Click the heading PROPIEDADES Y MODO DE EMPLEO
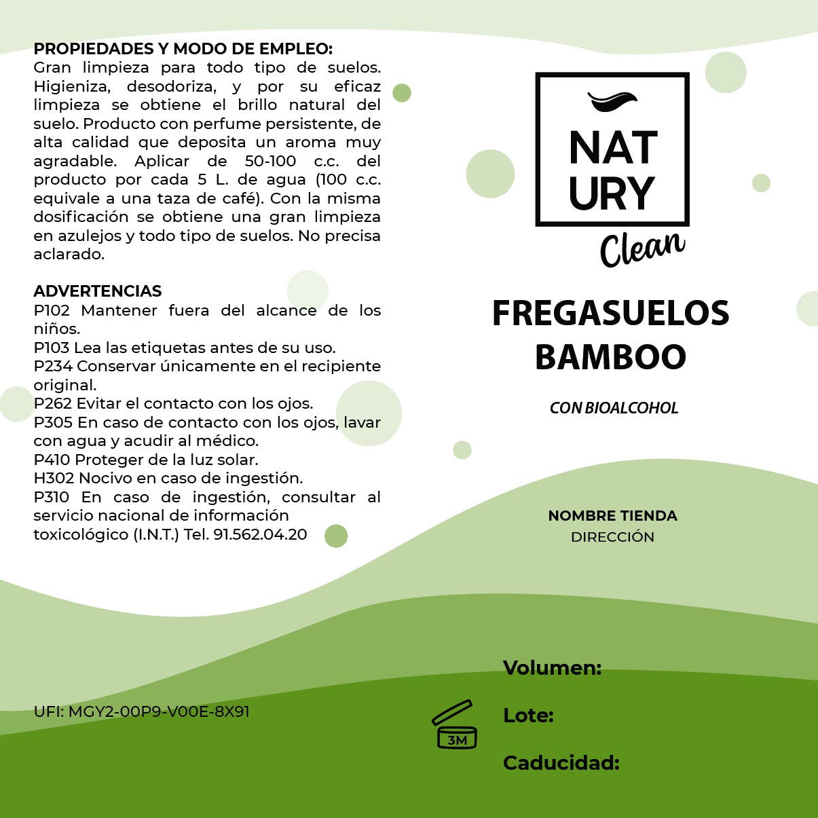pos(183,49)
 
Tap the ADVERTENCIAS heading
pos(97,291)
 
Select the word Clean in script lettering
pos(642,248)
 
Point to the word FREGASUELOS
pos(610,314)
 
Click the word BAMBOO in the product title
pos(610,357)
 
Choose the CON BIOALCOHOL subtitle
pos(614,408)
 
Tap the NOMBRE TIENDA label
pos(612,516)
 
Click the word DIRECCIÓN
pos(612,537)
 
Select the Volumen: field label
pos(552,668)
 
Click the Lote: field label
pos(528,715)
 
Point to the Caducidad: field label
pos(561,763)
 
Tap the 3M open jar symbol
pos(455,725)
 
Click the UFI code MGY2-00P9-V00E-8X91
pos(159,712)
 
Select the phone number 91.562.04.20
pos(260,535)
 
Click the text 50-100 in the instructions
pos(270,162)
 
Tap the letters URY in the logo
pos(612,193)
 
